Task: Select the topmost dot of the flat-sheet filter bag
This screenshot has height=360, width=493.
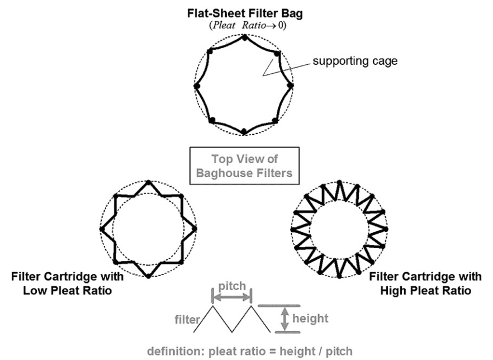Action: pyautogui.click(x=244, y=37)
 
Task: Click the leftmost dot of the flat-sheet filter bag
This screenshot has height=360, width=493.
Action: pyautogui.click(x=196, y=86)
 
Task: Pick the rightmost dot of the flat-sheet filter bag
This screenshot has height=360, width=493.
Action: pyautogui.click(x=291, y=86)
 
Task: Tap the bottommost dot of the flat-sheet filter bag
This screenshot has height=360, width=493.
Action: pyautogui.click(x=244, y=132)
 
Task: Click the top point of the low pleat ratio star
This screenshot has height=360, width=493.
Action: pyautogui.click(x=148, y=182)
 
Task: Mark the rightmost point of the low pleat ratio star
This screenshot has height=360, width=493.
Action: pyautogui.click(x=196, y=229)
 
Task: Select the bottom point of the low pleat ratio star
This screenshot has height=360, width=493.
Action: pyautogui.click(x=148, y=276)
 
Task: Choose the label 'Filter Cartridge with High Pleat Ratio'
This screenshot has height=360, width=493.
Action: pyautogui.click(x=425, y=284)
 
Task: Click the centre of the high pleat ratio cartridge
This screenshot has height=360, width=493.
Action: pyautogui.click(x=339, y=229)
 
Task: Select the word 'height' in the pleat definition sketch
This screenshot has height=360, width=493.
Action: pyautogui.click(x=310, y=319)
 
